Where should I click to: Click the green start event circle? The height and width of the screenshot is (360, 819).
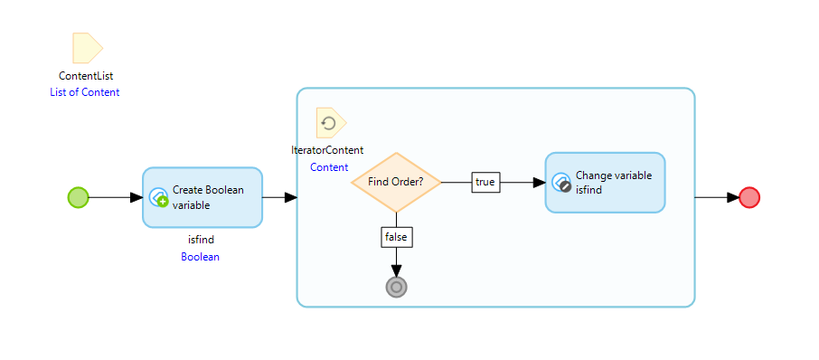pos(79,197)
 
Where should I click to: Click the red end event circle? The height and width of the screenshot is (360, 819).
pos(748,197)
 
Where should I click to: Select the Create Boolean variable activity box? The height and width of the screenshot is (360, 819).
pos(202,197)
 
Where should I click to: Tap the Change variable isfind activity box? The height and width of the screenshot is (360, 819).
pos(605,183)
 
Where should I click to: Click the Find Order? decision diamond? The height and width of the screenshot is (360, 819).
pos(396,182)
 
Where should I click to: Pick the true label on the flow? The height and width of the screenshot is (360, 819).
pos(485,182)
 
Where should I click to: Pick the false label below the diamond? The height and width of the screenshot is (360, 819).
pos(396,236)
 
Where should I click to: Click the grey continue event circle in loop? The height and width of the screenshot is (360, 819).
pos(396,287)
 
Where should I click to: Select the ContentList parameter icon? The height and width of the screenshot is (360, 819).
pos(87,47)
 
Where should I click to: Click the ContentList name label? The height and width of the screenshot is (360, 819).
pos(86,76)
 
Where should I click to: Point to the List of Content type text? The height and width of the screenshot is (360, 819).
pos(85,92)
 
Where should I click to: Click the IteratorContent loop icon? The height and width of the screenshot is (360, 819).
pos(330,123)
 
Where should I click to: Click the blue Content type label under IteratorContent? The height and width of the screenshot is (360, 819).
pos(329,167)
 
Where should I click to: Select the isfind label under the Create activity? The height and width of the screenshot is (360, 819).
pos(201,240)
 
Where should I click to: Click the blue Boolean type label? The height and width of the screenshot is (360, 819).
pos(201,256)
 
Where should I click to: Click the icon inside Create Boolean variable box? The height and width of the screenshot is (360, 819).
pos(158,197)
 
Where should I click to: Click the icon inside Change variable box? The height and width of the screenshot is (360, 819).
pos(561,183)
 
